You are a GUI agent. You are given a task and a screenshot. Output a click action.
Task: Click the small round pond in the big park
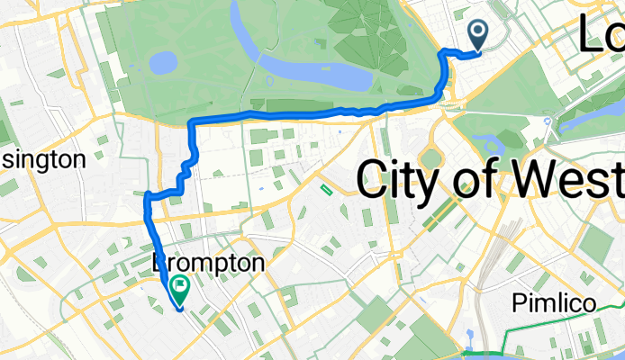(163, 63)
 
